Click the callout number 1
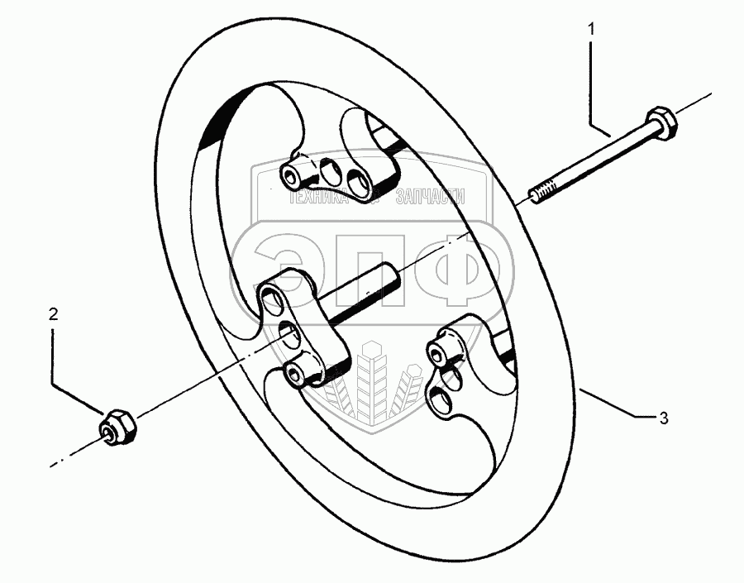(591, 30)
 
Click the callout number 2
(54, 314)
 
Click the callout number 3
(662, 418)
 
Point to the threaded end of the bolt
(541, 194)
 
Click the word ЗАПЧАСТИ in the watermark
(431, 197)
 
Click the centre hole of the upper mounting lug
(328, 171)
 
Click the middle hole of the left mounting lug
(290, 334)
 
